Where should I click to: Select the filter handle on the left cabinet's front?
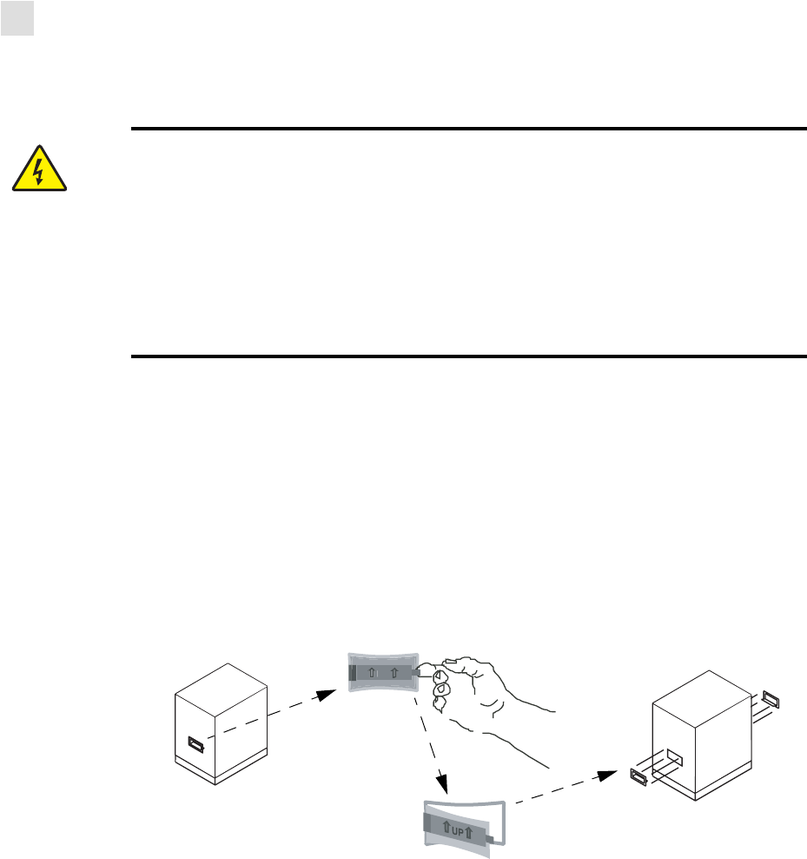pos(197,745)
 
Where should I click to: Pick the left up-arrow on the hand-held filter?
pos(371,673)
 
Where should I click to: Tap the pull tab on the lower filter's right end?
pos(494,838)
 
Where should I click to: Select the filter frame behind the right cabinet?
pos(771,698)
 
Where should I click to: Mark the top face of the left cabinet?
pos(224,686)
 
